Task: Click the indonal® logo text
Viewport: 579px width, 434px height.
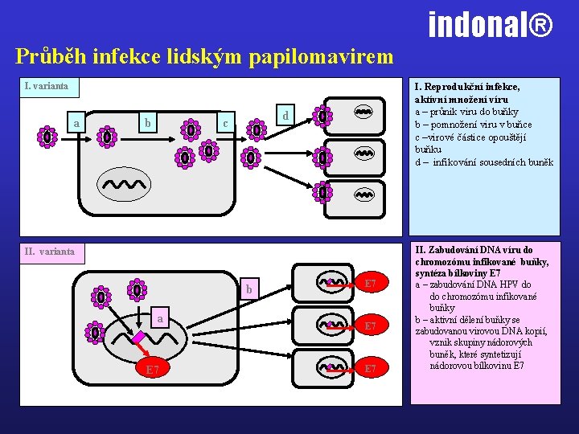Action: pyautogui.click(x=491, y=24)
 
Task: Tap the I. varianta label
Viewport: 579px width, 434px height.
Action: pyautogui.click(x=46, y=85)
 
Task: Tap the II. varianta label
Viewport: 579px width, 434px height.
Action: pyautogui.click(x=50, y=252)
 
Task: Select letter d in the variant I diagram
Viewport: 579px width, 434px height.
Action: pyautogui.click(x=285, y=116)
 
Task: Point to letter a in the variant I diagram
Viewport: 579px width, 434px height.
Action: pyautogui.click(x=76, y=124)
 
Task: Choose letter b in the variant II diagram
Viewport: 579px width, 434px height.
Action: pyautogui.click(x=249, y=289)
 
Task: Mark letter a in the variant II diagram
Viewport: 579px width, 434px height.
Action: pyautogui.click(x=160, y=319)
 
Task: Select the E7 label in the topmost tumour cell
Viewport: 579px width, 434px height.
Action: pyautogui.click(x=371, y=284)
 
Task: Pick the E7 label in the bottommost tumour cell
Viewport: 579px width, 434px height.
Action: pyautogui.click(x=371, y=368)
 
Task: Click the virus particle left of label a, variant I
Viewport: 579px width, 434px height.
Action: pyautogui.click(x=48, y=137)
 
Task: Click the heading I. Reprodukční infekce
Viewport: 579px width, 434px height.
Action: pyautogui.click(x=466, y=86)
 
